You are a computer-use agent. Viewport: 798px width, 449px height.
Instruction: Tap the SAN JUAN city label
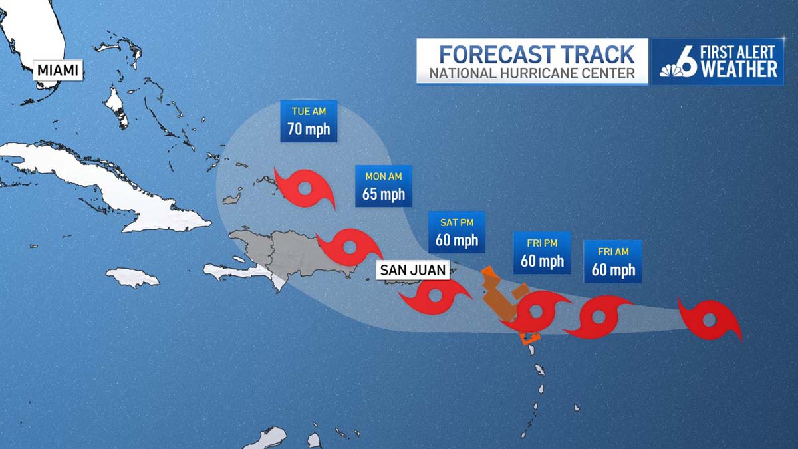(412, 270)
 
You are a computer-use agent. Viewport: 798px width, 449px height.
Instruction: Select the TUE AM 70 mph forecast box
(309, 121)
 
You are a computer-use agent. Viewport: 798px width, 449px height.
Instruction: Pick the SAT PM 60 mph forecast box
(456, 232)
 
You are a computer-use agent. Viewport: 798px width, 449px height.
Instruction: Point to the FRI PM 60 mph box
(542, 253)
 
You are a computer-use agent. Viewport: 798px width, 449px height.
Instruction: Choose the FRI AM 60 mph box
(612, 261)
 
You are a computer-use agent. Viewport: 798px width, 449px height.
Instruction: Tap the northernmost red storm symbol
(305, 189)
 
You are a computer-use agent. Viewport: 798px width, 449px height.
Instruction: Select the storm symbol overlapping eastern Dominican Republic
(348, 248)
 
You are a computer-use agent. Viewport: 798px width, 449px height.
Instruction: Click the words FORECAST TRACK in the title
(532, 53)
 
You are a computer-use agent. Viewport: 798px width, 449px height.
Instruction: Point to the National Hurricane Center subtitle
(532, 73)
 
